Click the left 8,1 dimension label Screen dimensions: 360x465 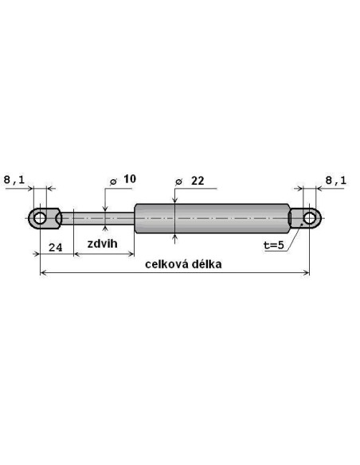(14, 180)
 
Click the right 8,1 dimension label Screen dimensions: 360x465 (336, 180)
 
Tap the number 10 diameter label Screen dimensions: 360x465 (130, 179)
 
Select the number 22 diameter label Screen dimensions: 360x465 (198, 181)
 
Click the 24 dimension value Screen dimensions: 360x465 (56, 247)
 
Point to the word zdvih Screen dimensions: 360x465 (102, 244)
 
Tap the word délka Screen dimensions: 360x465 (207, 264)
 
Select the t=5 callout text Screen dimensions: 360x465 (274, 245)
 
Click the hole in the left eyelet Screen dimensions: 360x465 (40, 218)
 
